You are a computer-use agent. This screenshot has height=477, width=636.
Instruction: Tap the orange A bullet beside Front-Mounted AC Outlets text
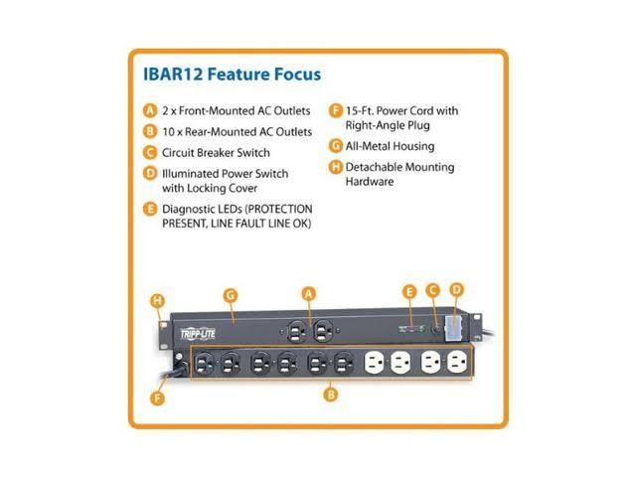(150, 110)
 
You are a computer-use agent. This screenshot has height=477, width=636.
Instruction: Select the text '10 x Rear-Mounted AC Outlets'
(237, 131)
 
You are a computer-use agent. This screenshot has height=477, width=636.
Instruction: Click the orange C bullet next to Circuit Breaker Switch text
(150, 153)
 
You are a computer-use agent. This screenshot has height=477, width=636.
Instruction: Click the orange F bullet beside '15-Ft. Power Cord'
(337, 110)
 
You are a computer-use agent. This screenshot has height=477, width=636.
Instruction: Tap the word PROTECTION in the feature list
(276, 209)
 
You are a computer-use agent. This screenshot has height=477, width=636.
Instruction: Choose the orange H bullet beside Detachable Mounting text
(337, 167)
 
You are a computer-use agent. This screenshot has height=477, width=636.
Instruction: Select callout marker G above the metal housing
(230, 295)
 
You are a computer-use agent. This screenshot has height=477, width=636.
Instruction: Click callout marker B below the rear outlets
(331, 395)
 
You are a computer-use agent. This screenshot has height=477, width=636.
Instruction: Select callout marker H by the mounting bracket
(156, 300)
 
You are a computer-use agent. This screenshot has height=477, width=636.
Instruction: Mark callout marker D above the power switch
(457, 290)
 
